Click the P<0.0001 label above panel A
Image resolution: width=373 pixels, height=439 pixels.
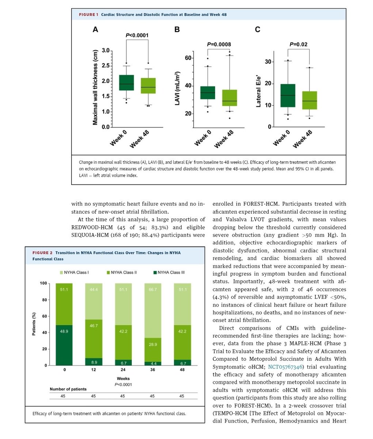(137, 35)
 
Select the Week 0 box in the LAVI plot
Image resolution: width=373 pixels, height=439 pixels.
(208, 93)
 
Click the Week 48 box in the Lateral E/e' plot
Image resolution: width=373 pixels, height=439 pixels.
(309, 100)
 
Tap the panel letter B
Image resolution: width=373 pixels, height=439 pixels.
(177, 30)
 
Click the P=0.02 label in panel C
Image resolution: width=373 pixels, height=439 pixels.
(298, 45)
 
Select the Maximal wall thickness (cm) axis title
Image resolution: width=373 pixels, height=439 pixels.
(95, 87)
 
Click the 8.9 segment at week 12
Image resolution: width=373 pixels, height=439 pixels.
(94, 361)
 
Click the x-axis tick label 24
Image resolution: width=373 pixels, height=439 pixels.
(122, 370)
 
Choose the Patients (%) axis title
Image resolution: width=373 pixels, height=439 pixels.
(34, 324)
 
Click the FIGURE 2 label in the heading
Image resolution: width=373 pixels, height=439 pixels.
(43, 253)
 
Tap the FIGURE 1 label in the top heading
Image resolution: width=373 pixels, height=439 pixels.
(89, 15)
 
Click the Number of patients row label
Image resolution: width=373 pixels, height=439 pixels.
(68, 389)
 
